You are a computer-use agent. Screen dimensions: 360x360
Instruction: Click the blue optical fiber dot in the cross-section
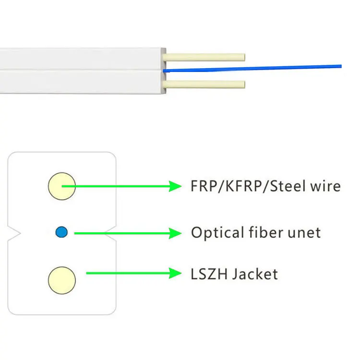coord(61,232)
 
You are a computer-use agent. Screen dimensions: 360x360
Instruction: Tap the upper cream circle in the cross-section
coord(62,186)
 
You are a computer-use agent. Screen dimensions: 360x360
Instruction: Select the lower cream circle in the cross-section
coord(62,279)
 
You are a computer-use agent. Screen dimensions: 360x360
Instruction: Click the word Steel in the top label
coord(288,186)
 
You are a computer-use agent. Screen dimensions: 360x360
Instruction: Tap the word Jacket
coord(254,274)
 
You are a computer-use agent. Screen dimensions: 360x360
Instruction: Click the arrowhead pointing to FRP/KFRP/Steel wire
coord(175,186)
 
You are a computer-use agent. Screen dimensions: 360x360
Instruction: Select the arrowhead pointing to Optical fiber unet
coord(175,233)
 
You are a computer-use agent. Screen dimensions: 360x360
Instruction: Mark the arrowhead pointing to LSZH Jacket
coord(175,274)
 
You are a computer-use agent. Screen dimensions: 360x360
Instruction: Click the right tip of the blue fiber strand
coord(340,66)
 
